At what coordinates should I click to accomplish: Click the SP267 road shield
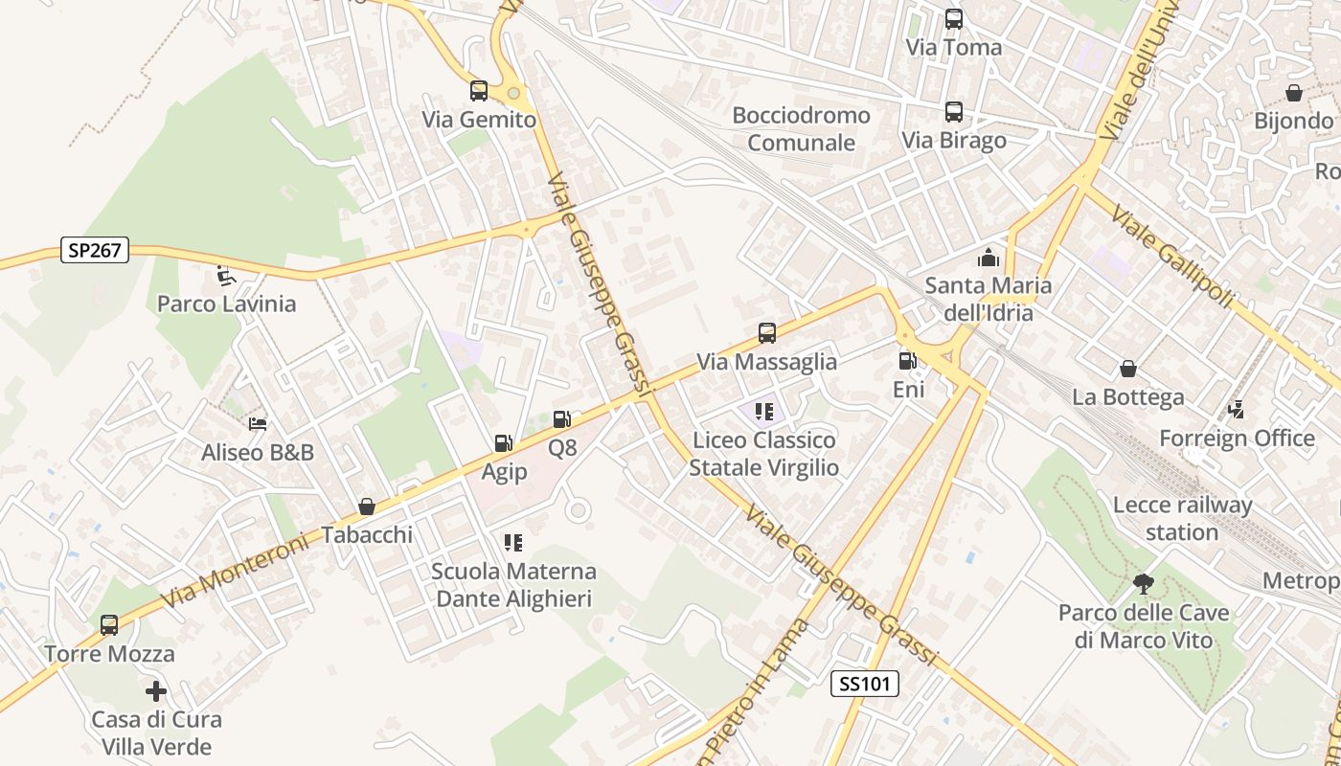click(x=95, y=250)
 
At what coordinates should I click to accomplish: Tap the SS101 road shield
click(x=864, y=683)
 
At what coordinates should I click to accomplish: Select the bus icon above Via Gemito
click(x=479, y=91)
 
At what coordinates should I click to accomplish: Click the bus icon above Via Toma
click(x=954, y=18)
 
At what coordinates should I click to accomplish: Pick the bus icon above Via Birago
click(x=954, y=111)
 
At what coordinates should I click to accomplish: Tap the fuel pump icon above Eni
click(x=907, y=361)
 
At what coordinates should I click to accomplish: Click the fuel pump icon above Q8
click(x=562, y=418)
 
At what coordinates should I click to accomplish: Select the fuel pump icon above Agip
click(x=503, y=443)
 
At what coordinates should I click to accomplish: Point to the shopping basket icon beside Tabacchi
click(x=367, y=507)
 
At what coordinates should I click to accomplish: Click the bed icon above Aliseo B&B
click(x=258, y=423)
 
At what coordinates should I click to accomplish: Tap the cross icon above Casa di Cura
click(x=156, y=690)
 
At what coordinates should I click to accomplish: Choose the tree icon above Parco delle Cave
click(x=1143, y=583)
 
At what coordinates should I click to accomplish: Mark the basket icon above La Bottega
click(x=1128, y=369)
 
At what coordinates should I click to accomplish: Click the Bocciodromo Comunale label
click(x=801, y=129)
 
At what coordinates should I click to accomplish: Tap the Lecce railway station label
click(x=1182, y=518)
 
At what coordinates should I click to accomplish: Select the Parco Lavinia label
click(x=226, y=304)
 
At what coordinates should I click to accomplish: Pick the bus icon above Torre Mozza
click(x=109, y=625)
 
